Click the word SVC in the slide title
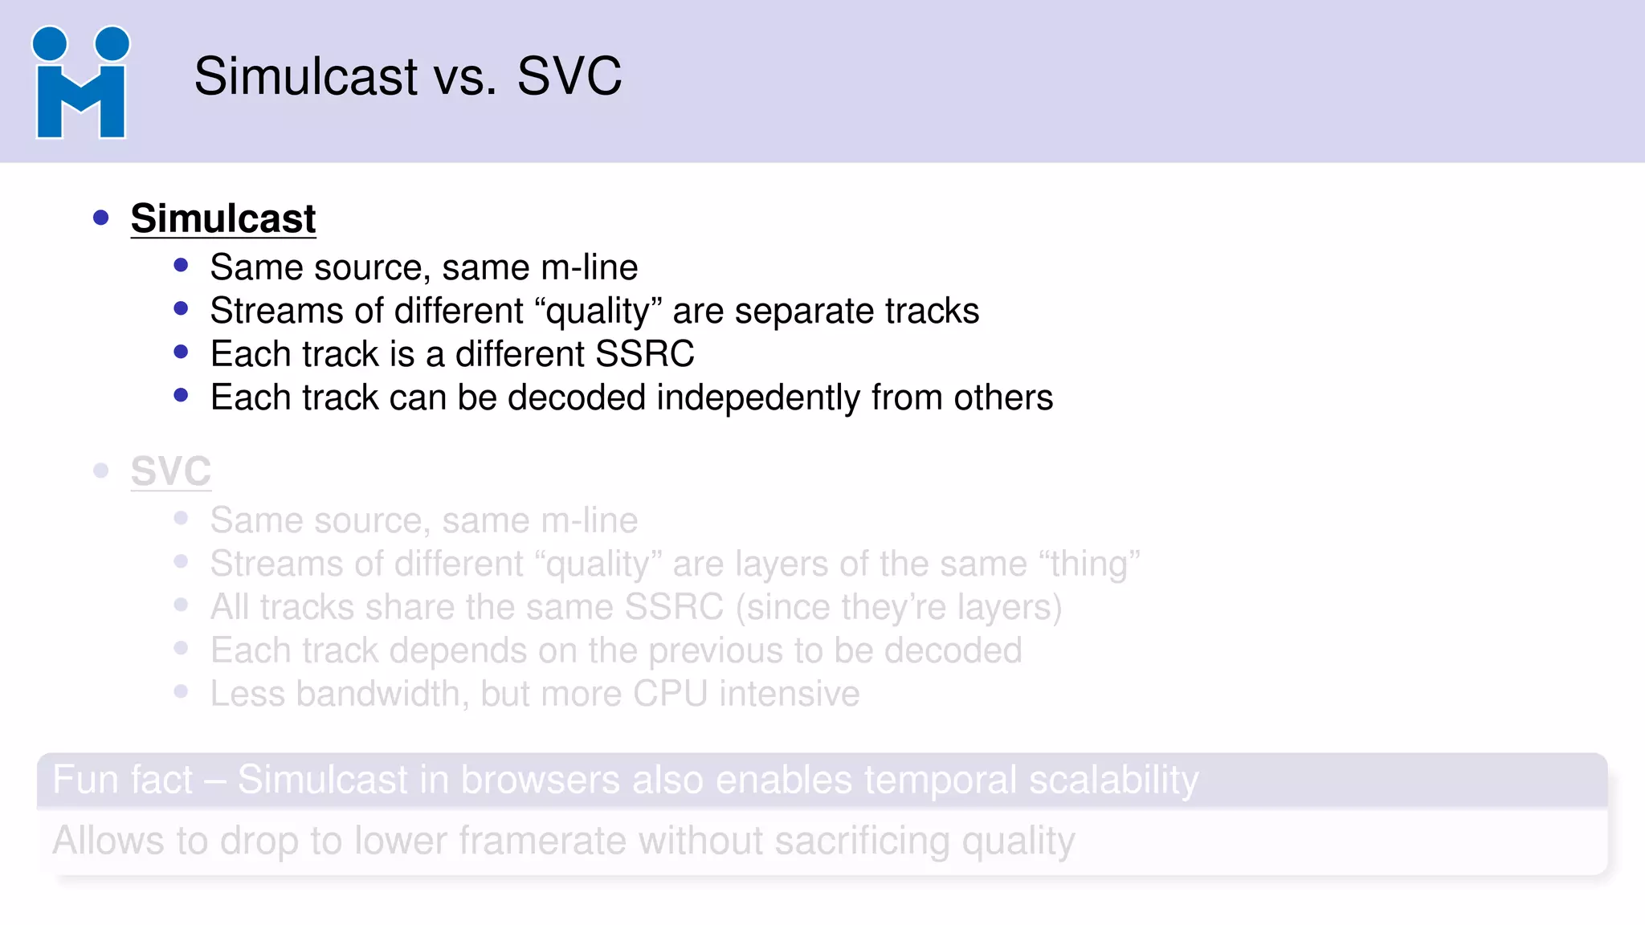tap(569, 77)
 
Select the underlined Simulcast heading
tap(223, 218)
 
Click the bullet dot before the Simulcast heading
tap(100, 218)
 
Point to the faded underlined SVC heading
tap(170, 471)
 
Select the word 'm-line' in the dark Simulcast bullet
tap(589, 267)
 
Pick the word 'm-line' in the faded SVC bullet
tap(589, 520)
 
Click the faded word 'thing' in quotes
tap(1089, 564)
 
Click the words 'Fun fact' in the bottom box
tap(122, 780)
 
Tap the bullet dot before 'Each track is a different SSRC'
tap(181, 352)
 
